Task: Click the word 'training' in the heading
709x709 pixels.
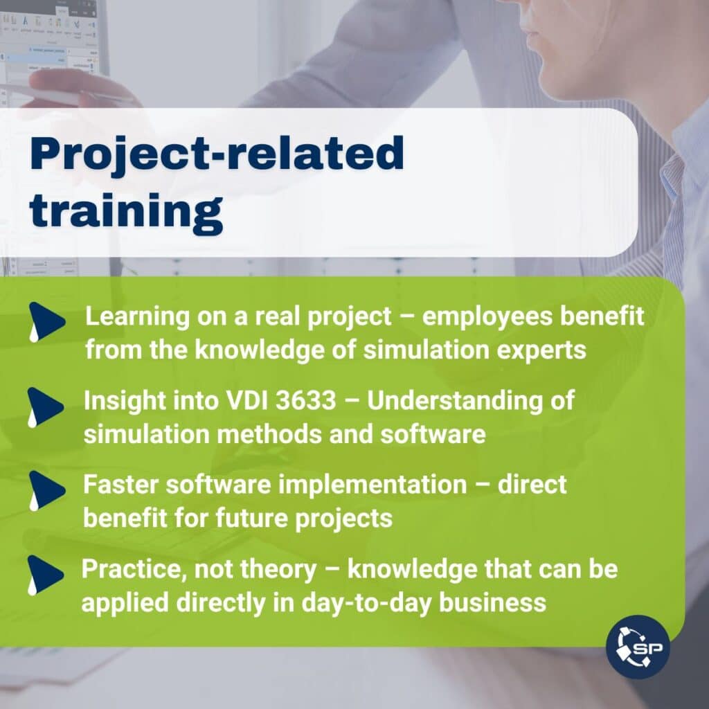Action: pos(126,212)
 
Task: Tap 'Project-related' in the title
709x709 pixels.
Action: pos(217,154)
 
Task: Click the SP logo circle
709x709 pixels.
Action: pos(638,647)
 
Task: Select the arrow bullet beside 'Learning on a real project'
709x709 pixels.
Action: pos(46,322)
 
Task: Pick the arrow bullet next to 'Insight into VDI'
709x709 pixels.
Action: pos(45,407)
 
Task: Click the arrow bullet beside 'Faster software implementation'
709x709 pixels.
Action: pos(46,491)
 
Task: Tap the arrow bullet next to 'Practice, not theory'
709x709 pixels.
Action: pos(45,575)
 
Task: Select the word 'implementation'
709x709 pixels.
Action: pos(373,485)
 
